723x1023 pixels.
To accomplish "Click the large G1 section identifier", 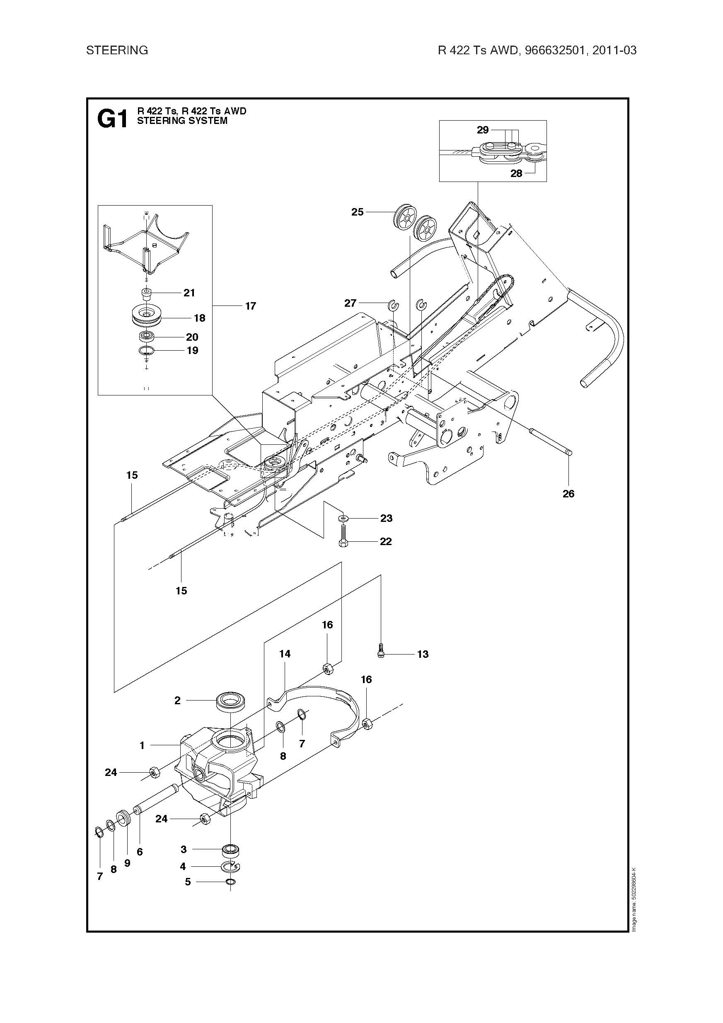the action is tap(112, 119).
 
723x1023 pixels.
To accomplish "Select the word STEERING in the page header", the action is tap(117, 50).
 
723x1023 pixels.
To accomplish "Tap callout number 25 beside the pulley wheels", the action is tap(357, 212).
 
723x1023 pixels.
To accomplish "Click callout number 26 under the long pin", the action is tap(568, 494).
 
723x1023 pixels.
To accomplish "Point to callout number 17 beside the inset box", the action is tap(250, 306).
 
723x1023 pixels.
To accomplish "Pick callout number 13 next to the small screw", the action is tap(422, 654).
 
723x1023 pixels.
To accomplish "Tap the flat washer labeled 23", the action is tap(343, 518).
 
